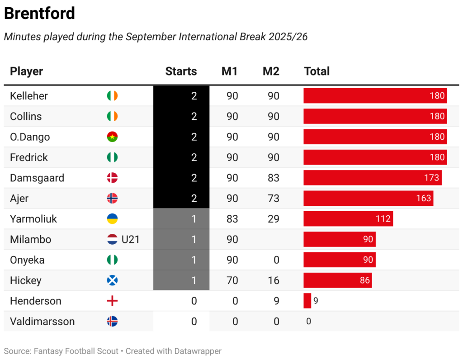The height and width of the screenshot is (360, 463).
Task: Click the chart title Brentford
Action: point(39,14)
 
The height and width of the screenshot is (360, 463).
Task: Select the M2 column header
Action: point(271,71)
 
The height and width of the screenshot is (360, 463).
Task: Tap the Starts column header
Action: point(181,71)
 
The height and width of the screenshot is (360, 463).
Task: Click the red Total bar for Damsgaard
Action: point(372,178)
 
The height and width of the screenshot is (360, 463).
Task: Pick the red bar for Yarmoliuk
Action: point(348,219)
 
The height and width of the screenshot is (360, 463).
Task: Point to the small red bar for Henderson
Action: point(307,301)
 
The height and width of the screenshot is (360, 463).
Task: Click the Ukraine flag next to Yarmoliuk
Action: point(112,219)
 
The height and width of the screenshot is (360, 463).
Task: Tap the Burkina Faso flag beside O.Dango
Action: point(112,137)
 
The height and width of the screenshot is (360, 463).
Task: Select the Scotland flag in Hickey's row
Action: point(112,280)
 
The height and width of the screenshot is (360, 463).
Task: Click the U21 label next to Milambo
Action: point(131,239)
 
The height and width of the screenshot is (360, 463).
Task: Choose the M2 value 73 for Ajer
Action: point(273,198)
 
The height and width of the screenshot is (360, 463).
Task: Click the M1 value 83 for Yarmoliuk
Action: point(232,219)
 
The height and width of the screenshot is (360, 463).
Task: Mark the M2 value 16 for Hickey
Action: point(273,280)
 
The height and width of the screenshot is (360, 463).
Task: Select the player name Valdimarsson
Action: point(43,322)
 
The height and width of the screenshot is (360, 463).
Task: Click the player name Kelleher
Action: point(29,96)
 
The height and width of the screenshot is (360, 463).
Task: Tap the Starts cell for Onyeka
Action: point(194,260)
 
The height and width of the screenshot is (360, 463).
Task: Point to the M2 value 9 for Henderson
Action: point(276,301)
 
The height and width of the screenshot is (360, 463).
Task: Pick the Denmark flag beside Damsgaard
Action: point(112,178)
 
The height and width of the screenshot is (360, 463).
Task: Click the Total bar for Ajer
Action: point(368,198)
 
